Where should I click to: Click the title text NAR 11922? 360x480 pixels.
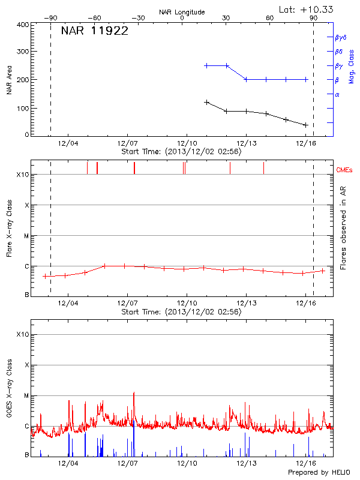pyautogui.click(x=95, y=31)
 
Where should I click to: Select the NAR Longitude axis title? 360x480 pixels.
pyautogui.click(x=182, y=11)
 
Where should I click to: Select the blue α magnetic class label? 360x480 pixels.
pyautogui.click(x=337, y=94)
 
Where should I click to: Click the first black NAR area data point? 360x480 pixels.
pyautogui.click(x=206, y=102)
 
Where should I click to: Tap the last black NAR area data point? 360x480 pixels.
pyautogui.click(x=306, y=125)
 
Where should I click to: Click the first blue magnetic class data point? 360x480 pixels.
pyautogui.click(x=206, y=65)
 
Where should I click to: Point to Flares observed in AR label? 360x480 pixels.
pyautogui.click(x=343, y=227)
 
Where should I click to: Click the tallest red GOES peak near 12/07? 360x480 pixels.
pyautogui.click(x=134, y=393)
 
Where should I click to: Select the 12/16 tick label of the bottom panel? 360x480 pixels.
pyautogui.click(x=306, y=463)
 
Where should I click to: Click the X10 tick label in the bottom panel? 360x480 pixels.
pyautogui.click(x=23, y=334)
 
